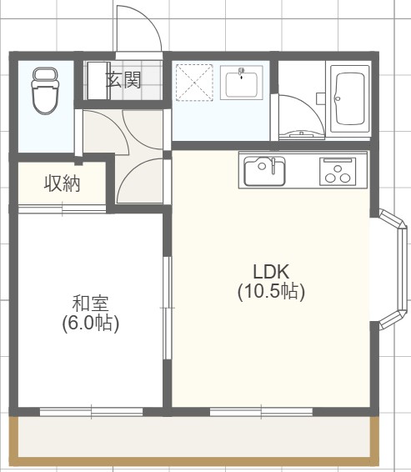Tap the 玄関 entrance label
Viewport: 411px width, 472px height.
point(122,80)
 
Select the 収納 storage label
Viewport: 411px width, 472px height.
point(62,183)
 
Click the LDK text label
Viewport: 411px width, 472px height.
point(270,272)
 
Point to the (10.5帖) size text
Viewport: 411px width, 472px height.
point(270,292)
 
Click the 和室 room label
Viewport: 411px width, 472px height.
point(90,303)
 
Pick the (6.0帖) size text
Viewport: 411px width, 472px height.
point(90,323)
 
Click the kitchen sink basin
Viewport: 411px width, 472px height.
point(264,173)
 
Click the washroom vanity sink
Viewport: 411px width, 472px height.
point(242,83)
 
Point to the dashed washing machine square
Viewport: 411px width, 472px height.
point(194,83)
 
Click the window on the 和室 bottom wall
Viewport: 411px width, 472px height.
point(92,410)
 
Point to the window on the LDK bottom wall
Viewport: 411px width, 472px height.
point(261,410)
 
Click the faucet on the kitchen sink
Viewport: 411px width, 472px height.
point(270,164)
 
